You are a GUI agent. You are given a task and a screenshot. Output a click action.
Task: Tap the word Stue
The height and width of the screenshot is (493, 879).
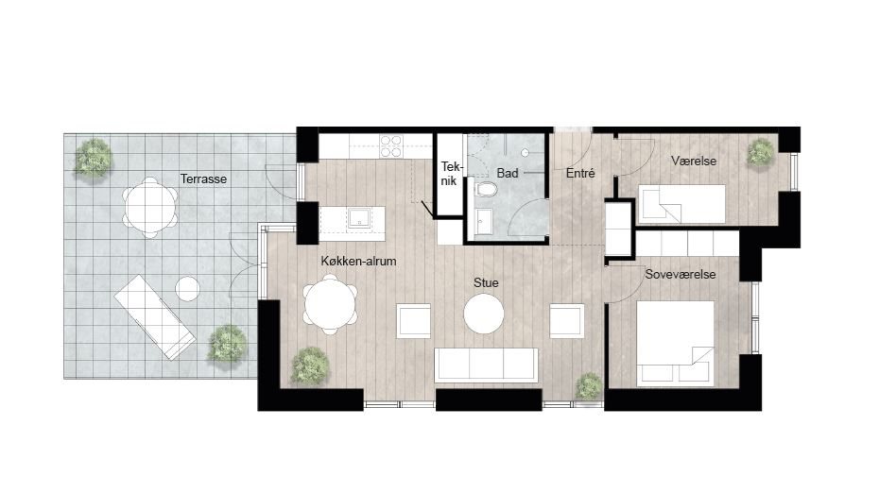(x=486, y=281)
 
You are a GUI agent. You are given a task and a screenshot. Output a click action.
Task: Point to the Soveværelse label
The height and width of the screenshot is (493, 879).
(x=680, y=274)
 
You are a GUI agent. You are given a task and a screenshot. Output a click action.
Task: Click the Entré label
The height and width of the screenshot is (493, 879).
(x=579, y=174)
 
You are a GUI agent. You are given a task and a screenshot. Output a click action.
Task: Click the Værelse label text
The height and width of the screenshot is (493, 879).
(x=694, y=161)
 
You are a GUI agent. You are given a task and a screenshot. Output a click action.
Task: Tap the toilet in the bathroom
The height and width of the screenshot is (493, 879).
(x=486, y=193)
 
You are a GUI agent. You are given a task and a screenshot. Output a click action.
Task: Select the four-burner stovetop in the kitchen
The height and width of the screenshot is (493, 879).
(x=390, y=145)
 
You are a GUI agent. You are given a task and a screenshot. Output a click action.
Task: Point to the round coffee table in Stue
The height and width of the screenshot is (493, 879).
(x=485, y=314)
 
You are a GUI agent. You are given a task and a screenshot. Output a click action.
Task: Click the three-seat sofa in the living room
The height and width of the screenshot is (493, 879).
(x=486, y=365)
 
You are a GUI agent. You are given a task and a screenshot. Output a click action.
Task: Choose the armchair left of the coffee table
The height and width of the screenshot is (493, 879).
(x=414, y=320)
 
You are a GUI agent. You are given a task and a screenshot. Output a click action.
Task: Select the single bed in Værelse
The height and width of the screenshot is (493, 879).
(x=682, y=203)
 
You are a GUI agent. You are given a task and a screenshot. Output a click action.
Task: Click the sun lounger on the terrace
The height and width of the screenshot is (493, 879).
(x=155, y=316)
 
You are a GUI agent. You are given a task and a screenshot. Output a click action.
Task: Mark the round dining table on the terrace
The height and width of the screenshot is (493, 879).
(x=149, y=203)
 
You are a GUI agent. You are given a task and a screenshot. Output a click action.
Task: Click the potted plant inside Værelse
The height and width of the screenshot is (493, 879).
(x=760, y=151)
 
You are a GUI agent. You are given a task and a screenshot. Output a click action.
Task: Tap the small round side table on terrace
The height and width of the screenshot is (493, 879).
(x=188, y=288)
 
